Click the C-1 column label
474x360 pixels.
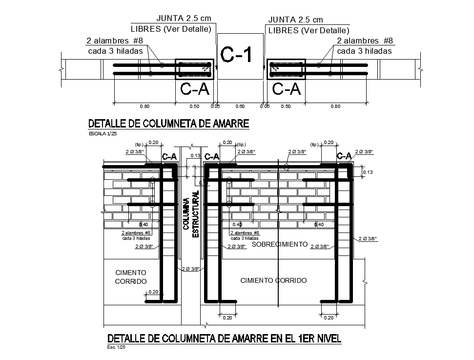tap(237, 55)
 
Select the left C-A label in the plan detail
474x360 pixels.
tap(195, 88)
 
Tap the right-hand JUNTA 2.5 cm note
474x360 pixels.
tap(296, 20)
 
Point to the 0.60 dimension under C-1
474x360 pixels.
tap(240, 106)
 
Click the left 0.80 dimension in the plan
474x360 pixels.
tap(144, 106)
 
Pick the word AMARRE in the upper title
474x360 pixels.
tap(227, 124)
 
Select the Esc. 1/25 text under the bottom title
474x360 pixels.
tap(116, 347)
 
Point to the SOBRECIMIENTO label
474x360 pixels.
tap(279, 244)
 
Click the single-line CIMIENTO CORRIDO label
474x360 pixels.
tap(273, 280)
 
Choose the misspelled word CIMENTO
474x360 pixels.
tap(131, 272)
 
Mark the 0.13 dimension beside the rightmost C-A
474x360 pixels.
tap(369, 172)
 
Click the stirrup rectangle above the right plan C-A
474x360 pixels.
tap(287, 70)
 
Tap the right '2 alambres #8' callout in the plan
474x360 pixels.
tap(365, 41)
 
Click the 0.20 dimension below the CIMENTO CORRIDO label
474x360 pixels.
tap(153, 292)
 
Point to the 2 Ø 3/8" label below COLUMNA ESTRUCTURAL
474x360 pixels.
tap(190, 269)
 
